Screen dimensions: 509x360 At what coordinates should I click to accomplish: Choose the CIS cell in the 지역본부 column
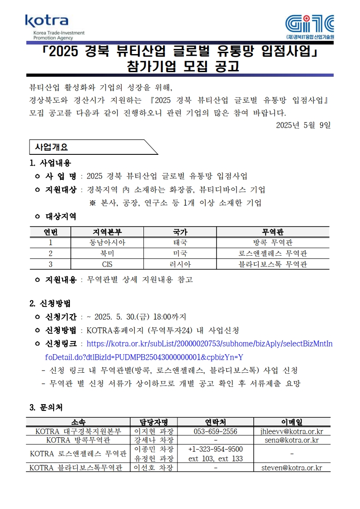107,264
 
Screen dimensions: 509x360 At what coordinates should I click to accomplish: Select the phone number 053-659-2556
215,431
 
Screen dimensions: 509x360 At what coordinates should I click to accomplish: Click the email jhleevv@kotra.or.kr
292,431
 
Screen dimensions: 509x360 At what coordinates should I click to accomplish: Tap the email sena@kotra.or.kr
292,440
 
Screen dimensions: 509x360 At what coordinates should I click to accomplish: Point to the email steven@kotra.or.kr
292,468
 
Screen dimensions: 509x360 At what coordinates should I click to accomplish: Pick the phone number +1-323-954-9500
215,449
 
